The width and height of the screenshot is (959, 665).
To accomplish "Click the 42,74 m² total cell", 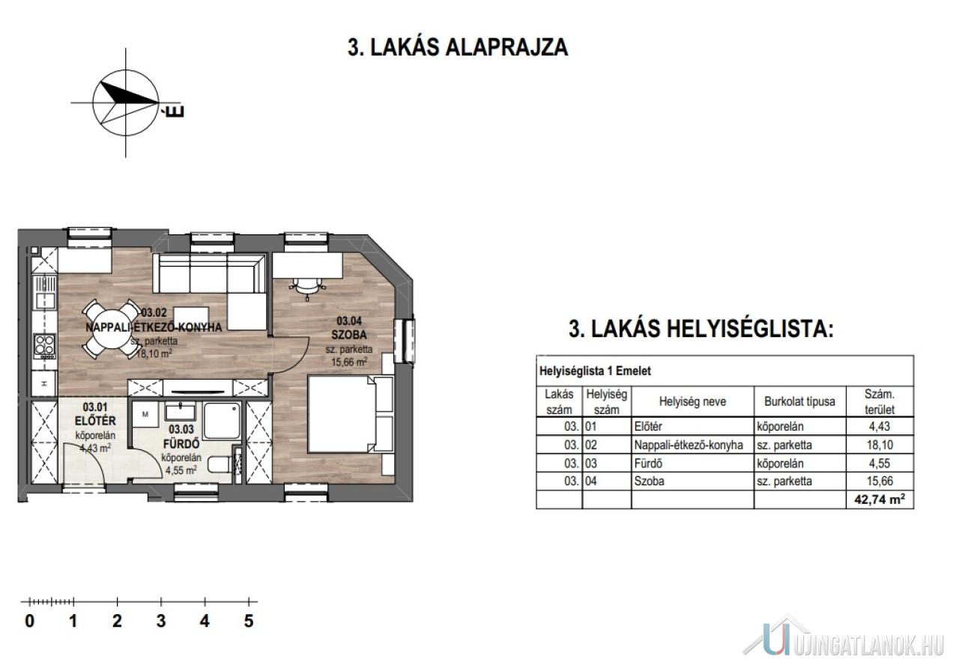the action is (x=880, y=499).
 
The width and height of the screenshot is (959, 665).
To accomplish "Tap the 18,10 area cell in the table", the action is (x=880, y=445).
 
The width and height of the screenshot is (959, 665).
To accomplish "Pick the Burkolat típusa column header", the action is (x=799, y=401).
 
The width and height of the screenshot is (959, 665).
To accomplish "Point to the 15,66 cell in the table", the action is (x=880, y=481).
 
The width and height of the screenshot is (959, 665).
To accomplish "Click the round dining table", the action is (x=112, y=328).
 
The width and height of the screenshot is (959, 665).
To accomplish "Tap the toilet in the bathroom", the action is (x=220, y=464).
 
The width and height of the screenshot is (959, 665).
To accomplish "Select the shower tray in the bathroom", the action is (x=222, y=420).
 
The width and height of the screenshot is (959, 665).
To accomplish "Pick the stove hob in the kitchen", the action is (x=44, y=346).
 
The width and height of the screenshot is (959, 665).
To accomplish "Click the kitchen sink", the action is (x=44, y=292).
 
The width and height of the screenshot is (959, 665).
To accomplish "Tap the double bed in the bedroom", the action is (x=351, y=414).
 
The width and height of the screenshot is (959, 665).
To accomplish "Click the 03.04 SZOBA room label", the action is (x=349, y=327).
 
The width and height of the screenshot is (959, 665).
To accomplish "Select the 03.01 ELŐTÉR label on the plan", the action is (x=95, y=414).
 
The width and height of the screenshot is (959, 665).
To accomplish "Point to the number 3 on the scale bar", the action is (x=161, y=621).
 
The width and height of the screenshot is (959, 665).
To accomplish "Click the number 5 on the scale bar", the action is (x=249, y=621).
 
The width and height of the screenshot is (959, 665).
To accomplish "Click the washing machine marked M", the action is (x=145, y=414).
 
